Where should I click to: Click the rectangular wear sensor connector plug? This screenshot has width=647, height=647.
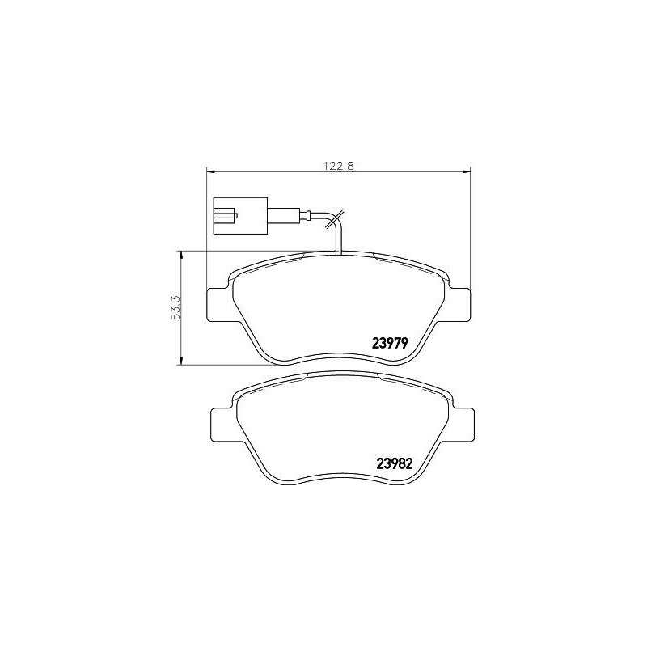(240, 216)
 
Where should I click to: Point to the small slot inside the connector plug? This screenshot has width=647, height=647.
(224, 216)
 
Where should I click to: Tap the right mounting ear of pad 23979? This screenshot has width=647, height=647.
(458, 305)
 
